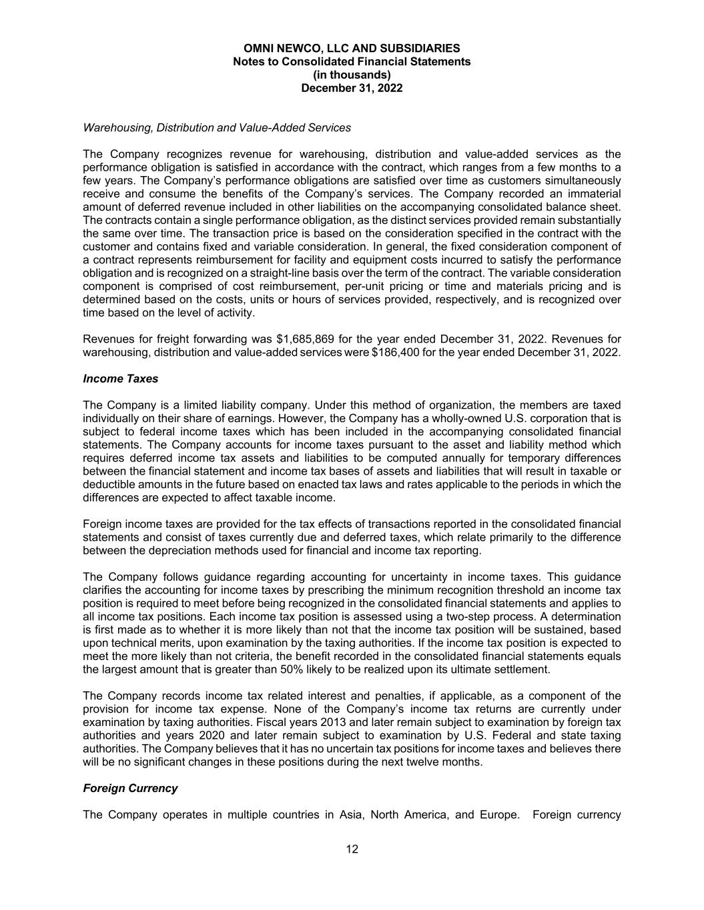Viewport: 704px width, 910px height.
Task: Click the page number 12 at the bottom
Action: click(x=352, y=849)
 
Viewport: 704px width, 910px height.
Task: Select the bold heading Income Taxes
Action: click(x=120, y=379)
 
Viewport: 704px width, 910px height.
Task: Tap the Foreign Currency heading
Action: click(x=130, y=788)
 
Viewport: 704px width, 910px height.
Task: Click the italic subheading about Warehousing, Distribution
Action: click(x=217, y=127)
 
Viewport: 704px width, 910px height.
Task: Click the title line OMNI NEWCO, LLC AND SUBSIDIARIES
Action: click(x=352, y=48)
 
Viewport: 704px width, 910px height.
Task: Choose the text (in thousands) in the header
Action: click(x=352, y=75)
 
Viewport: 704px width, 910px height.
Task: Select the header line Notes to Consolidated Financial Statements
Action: click(x=352, y=61)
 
